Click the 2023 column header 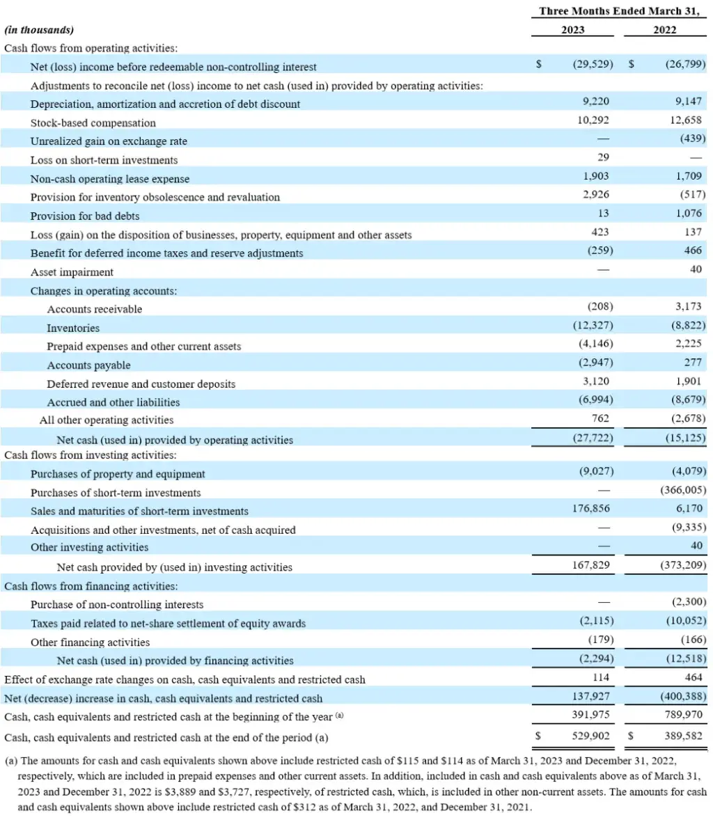[572, 30]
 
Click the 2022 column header [664, 30]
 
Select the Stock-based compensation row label [93, 122]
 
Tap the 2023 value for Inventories [593, 325]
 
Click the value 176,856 [590, 509]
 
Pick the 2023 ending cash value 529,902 [590, 735]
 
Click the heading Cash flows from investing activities [90, 455]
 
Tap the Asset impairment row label [72, 272]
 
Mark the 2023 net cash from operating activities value [593, 438]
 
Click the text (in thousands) [39, 31]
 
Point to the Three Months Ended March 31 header [618, 11]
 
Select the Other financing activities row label [90, 642]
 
